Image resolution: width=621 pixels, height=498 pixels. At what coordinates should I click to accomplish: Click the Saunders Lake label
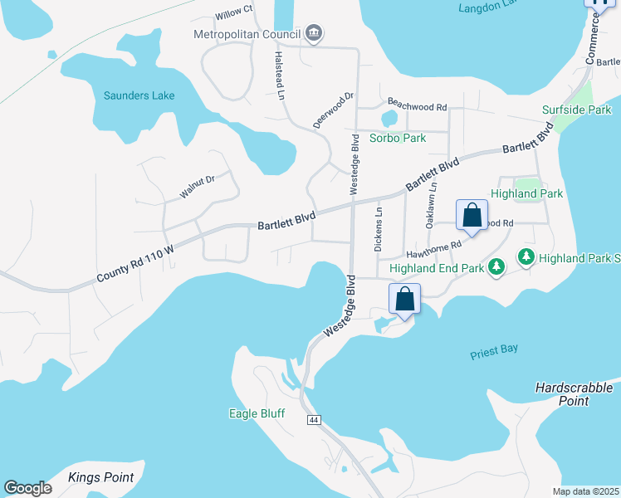pyautogui.click(x=139, y=95)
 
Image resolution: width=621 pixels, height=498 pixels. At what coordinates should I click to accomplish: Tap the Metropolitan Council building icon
pyautogui.click(x=315, y=34)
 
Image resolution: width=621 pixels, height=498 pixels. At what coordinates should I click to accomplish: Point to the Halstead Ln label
pyautogui.click(x=280, y=74)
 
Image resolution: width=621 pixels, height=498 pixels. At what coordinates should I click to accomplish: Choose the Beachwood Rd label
pyautogui.click(x=417, y=107)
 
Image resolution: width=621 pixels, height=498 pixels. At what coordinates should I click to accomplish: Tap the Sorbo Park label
pyautogui.click(x=398, y=138)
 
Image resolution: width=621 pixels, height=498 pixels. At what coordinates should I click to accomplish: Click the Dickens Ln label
pyautogui.click(x=379, y=229)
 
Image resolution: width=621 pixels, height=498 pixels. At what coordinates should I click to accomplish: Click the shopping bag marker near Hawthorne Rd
pyautogui.click(x=472, y=216)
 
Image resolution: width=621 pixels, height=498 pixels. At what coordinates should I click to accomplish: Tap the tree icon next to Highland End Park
pyautogui.click(x=496, y=266)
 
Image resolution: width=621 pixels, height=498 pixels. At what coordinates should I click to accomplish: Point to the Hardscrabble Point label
pyautogui.click(x=574, y=394)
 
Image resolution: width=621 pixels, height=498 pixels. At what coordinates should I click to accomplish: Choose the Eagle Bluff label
pyautogui.click(x=257, y=413)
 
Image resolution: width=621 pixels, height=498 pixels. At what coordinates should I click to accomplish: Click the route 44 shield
pyautogui.click(x=313, y=420)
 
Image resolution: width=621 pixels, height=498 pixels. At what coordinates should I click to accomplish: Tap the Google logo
pyautogui.click(x=28, y=487)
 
